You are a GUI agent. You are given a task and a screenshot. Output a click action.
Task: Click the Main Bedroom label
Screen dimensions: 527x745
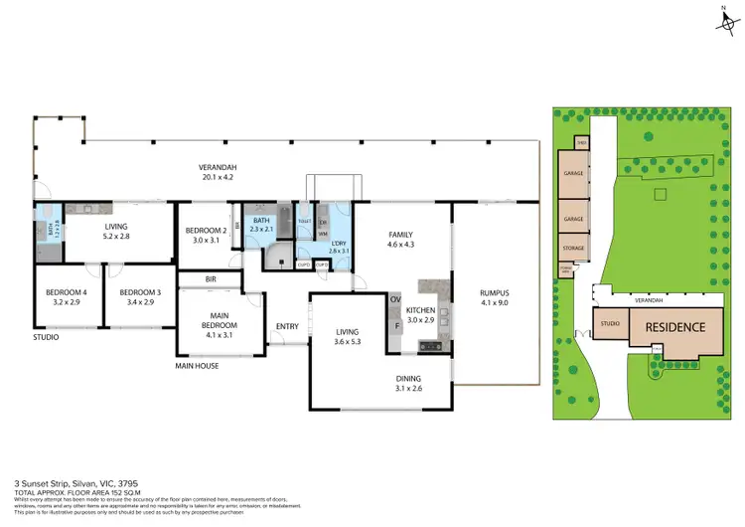click(x=222, y=326)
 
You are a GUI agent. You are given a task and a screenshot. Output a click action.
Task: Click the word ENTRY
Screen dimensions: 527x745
click(x=288, y=326)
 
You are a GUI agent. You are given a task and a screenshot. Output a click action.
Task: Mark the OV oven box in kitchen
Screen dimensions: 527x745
click(x=393, y=299)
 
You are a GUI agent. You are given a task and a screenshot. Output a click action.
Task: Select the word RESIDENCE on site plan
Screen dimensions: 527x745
click(x=675, y=326)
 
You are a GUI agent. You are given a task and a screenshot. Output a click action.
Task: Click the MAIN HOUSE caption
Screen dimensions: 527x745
click(x=197, y=365)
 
